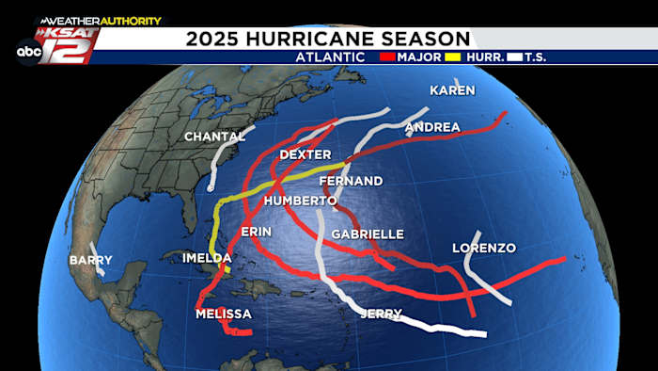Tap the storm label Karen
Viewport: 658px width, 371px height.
tap(452, 90)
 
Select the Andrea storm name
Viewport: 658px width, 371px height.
tap(432, 127)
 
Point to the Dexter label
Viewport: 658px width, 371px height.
tap(305, 154)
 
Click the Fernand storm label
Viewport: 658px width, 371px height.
tap(352, 181)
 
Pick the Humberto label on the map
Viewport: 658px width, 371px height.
tap(300, 201)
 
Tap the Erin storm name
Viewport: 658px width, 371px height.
tap(257, 232)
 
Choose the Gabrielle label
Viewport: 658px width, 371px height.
tap(368, 234)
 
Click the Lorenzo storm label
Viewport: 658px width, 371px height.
tap(484, 249)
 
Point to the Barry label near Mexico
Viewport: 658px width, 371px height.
tap(90, 260)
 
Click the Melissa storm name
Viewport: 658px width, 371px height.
tap(223, 314)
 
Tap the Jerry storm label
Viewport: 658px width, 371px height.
tap(381, 314)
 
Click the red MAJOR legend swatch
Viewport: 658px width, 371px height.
tap(384, 57)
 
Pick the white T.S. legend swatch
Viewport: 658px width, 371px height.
tap(514, 57)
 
